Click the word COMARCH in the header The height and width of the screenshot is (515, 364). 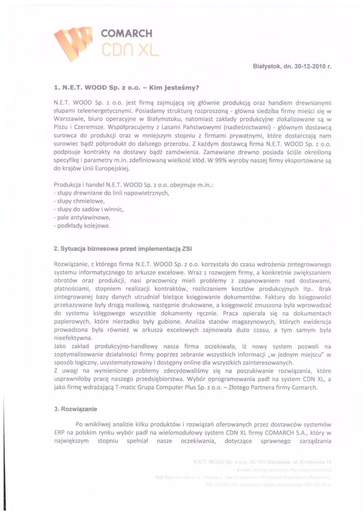pos(126,34)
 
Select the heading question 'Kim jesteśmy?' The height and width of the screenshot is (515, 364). pos(174,87)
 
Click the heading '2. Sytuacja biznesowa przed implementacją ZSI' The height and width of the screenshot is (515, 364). pos(123,249)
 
